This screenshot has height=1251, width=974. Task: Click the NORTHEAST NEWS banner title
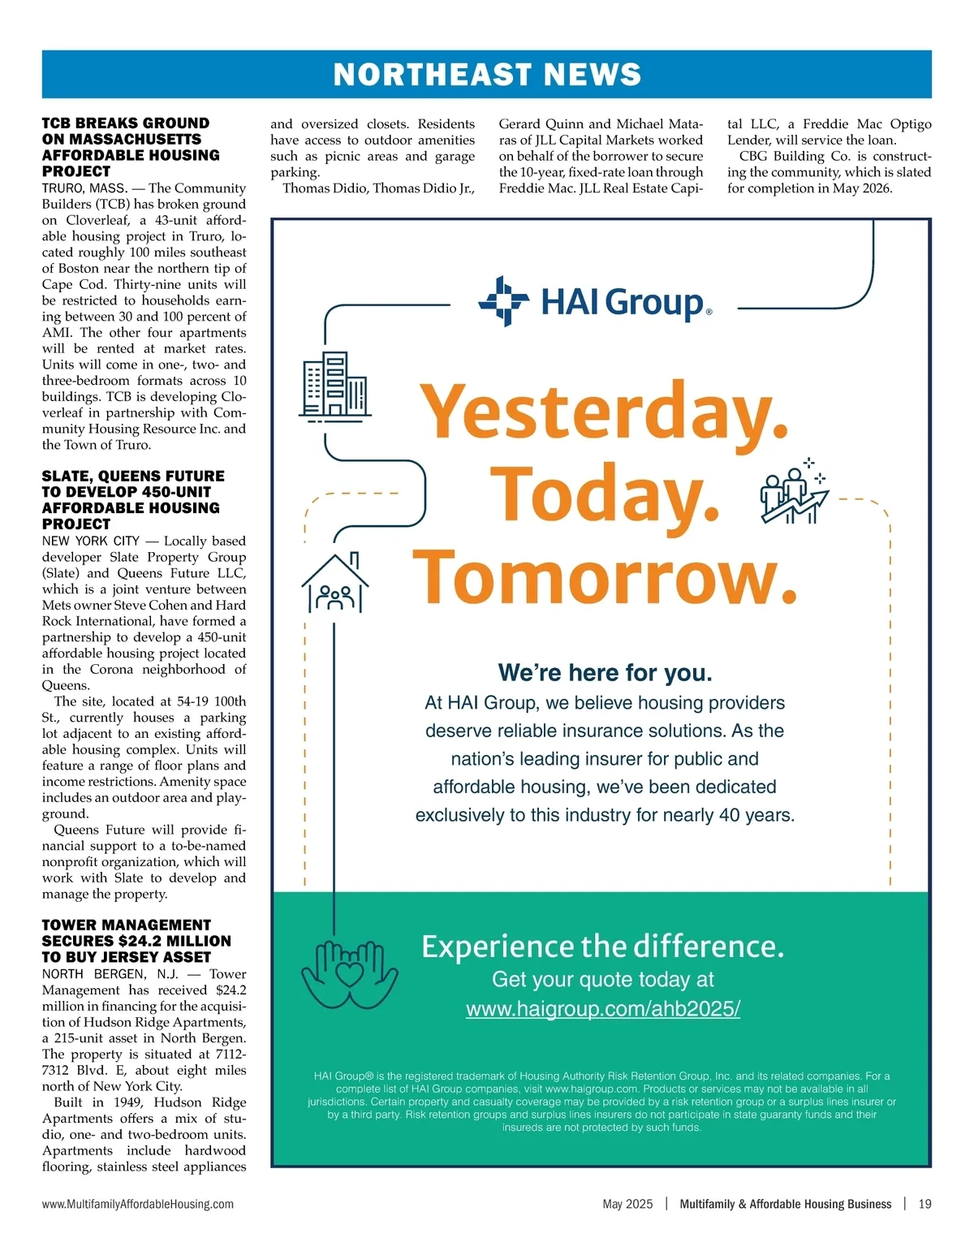pyautogui.click(x=487, y=75)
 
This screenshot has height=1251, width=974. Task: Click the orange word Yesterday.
pyautogui.click(x=606, y=412)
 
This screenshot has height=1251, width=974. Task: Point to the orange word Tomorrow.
pyautogui.click(x=605, y=576)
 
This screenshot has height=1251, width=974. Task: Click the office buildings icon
pyautogui.click(x=334, y=386)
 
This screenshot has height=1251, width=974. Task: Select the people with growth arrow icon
pyautogui.click(x=793, y=491)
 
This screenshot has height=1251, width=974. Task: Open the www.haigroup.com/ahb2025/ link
pyautogui.click(x=603, y=1009)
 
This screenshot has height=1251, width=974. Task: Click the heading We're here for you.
pyautogui.click(x=605, y=673)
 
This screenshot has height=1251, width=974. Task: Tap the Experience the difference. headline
pyautogui.click(x=603, y=947)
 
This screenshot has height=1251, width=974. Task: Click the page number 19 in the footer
pyautogui.click(x=924, y=1204)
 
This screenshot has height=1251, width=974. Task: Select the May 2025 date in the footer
pyautogui.click(x=627, y=1204)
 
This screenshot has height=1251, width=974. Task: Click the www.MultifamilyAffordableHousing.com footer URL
pyautogui.click(x=138, y=1204)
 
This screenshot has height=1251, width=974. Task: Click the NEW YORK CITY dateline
pyautogui.click(x=91, y=541)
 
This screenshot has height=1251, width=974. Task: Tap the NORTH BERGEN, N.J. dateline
pyautogui.click(x=110, y=974)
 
